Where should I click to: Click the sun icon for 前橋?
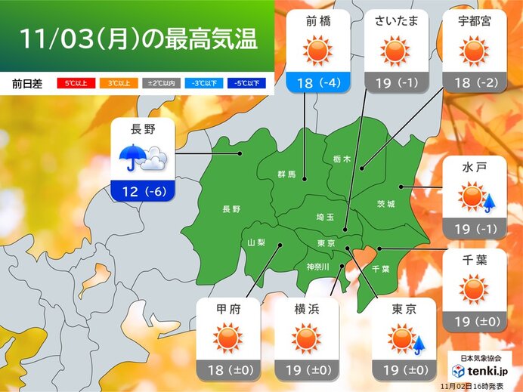tap(317, 51)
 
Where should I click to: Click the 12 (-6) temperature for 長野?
tap(144, 191)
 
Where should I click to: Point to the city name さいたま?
tap(393, 20)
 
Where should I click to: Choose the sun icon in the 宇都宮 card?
tap(474, 51)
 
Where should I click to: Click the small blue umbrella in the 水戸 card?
tap(488, 201)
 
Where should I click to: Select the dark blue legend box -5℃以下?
tap(248, 83)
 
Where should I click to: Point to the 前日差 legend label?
tap(27, 83)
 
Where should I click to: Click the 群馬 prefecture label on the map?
tap(286, 174)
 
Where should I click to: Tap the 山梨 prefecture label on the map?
tap(256, 242)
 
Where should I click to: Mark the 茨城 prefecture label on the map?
tap(385, 205)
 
